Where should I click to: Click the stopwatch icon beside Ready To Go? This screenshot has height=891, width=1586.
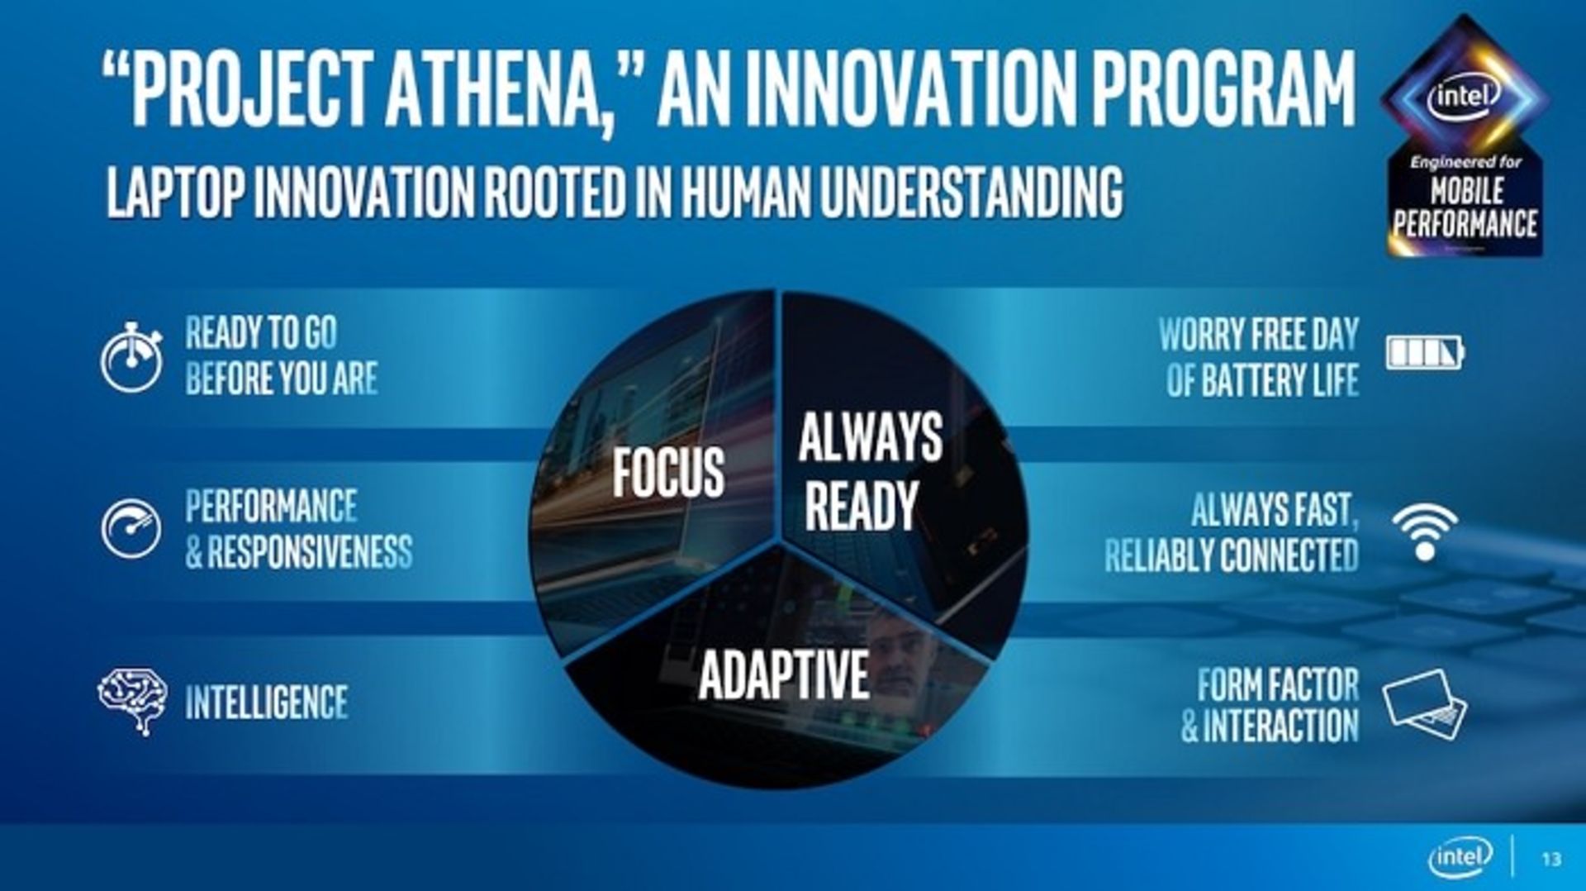point(131,357)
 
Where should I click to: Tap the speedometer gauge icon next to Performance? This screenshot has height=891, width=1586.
point(131,529)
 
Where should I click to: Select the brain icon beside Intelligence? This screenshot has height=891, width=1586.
point(132,702)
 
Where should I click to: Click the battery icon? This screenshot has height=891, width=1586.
point(1425,352)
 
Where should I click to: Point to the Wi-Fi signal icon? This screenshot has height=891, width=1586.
point(1425,532)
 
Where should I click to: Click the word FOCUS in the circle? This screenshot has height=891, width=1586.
point(668,472)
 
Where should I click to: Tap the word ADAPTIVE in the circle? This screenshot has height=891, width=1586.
point(783,674)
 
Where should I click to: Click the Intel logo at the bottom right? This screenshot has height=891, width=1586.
point(1460,857)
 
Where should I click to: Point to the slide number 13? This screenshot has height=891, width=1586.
point(1551,860)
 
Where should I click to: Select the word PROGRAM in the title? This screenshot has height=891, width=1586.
point(1223,88)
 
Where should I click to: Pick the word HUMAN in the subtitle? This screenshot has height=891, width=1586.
point(746,192)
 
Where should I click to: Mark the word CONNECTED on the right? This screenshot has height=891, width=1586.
point(1289,555)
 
